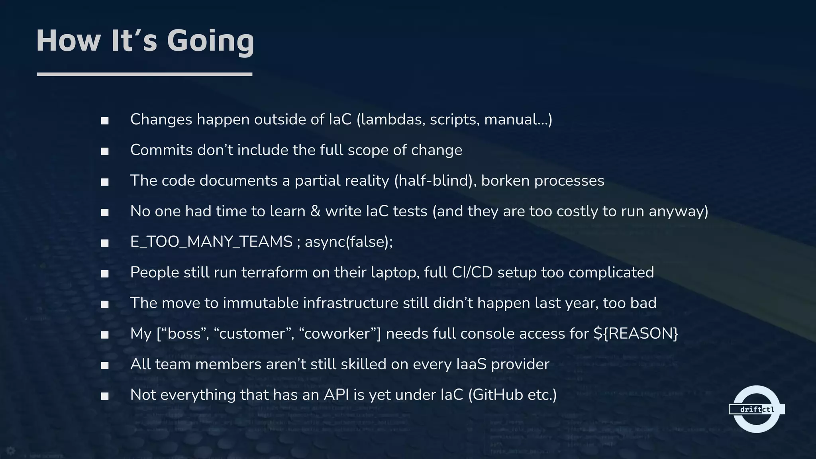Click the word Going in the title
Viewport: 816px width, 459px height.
click(x=210, y=41)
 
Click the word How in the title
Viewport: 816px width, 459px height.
click(x=68, y=41)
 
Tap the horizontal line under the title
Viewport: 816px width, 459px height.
click(x=144, y=74)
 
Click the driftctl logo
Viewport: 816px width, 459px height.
click(x=756, y=409)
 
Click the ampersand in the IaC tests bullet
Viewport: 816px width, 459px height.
click(x=315, y=211)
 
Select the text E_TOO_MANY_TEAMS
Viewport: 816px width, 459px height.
click(x=211, y=242)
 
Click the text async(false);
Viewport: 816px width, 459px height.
click(x=349, y=242)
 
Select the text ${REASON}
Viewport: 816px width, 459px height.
click(x=636, y=333)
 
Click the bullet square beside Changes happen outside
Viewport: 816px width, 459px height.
click(x=105, y=121)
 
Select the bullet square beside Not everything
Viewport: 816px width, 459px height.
click(x=105, y=396)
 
